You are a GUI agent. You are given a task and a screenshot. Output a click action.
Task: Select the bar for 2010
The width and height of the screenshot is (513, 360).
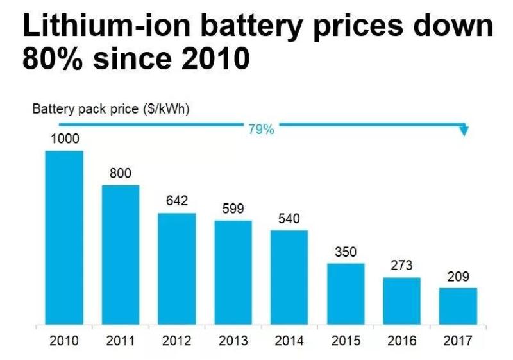coord(64,237)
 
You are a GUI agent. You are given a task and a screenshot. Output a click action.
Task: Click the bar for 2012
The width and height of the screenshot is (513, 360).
coord(177,268)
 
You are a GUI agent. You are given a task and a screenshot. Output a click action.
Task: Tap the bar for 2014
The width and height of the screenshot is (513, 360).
coord(289,277)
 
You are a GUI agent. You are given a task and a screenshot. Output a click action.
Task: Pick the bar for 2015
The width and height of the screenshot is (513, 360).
coord(346,293)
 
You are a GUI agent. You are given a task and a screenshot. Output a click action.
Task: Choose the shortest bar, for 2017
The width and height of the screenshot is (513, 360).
coord(458,306)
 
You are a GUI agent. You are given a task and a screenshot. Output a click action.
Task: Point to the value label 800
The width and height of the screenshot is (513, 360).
coord(121,174)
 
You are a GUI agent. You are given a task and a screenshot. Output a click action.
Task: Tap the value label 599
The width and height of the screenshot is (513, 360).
coord(233,209)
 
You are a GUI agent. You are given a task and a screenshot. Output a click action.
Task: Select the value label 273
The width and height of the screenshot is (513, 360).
coord(401,266)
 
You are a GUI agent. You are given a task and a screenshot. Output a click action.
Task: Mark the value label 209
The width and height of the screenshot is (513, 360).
coord(458,277)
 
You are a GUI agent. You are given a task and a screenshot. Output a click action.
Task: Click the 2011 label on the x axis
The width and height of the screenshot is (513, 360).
coord(121,341)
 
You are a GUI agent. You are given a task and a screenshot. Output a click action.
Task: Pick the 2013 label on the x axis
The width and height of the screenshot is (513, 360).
coord(233,341)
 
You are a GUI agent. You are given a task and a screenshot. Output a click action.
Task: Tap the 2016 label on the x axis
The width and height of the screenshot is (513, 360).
coord(401,341)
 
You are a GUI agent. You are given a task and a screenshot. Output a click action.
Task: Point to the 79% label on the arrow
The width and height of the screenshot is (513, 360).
coord(261,130)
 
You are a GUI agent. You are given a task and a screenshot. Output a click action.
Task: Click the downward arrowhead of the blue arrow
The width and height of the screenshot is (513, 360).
coord(464,131)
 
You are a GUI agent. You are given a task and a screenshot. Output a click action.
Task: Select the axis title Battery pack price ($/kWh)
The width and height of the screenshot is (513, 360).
coord(111,109)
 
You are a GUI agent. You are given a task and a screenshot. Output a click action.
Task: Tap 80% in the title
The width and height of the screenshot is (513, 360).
coord(55,59)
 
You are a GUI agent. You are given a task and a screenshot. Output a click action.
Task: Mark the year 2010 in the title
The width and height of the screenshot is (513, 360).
coord(212,59)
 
